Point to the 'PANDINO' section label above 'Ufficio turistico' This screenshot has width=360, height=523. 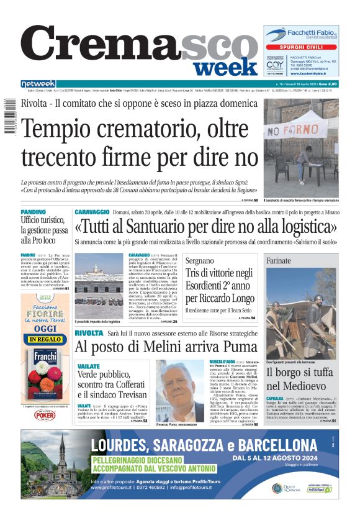coord(32,212)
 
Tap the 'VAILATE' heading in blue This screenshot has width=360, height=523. coord(89,366)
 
